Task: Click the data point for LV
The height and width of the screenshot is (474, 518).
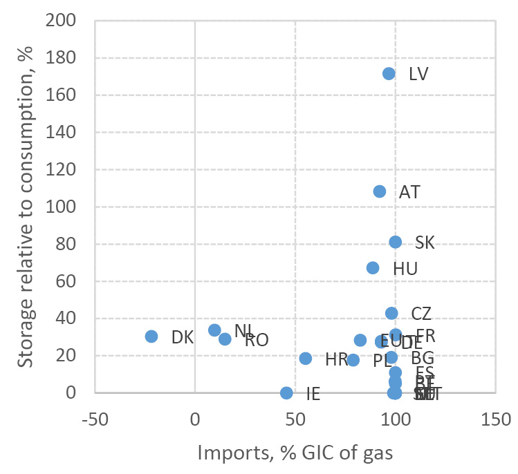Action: click(x=389, y=73)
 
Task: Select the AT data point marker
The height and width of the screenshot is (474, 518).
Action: click(x=380, y=191)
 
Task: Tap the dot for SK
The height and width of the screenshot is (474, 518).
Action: click(x=395, y=242)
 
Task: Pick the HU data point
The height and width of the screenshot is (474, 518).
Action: click(x=373, y=267)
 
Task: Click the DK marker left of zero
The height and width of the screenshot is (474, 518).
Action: click(x=151, y=336)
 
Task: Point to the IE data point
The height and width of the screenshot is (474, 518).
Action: click(x=286, y=392)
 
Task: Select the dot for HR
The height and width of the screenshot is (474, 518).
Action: click(x=306, y=359)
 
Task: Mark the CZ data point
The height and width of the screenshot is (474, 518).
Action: click(x=391, y=313)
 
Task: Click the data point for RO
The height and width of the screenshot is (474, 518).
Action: click(x=225, y=339)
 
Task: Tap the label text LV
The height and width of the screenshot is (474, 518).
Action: click(x=418, y=74)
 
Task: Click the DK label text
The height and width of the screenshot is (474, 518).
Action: click(x=183, y=338)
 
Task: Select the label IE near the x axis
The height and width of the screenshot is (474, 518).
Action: click(x=313, y=395)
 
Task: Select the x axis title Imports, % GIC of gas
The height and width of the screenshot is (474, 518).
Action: click(x=295, y=453)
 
